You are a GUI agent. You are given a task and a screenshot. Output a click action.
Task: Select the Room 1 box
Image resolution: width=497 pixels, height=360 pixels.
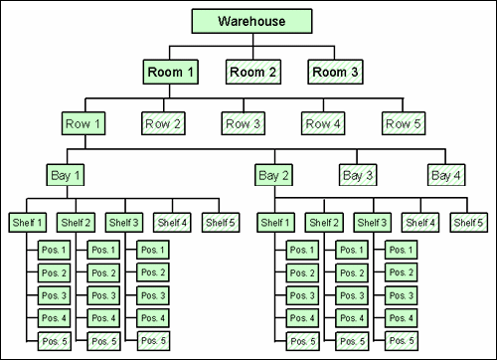coord(172,72)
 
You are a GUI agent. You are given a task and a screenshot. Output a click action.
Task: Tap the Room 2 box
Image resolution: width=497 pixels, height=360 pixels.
coord(252,72)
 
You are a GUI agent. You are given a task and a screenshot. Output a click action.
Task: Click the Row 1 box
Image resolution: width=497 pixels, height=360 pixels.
coord(85,124)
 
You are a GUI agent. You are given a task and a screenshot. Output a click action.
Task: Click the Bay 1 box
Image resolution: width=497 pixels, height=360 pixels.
coord(66,175)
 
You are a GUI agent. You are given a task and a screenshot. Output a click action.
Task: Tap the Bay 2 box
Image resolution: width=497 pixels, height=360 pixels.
coord(275,175)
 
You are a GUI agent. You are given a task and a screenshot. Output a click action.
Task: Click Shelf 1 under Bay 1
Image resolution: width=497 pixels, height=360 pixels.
coord(28,222)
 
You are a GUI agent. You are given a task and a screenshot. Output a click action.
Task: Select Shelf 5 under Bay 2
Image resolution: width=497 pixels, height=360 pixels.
coord(468,222)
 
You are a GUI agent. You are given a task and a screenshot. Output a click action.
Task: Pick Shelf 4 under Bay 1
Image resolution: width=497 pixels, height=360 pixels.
coord(173,222)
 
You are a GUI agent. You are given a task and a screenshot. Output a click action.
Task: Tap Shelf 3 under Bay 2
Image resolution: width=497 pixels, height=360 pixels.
coord(372,222)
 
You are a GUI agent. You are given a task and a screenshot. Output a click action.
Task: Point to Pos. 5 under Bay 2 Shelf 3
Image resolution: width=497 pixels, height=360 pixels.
coord(400,341)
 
